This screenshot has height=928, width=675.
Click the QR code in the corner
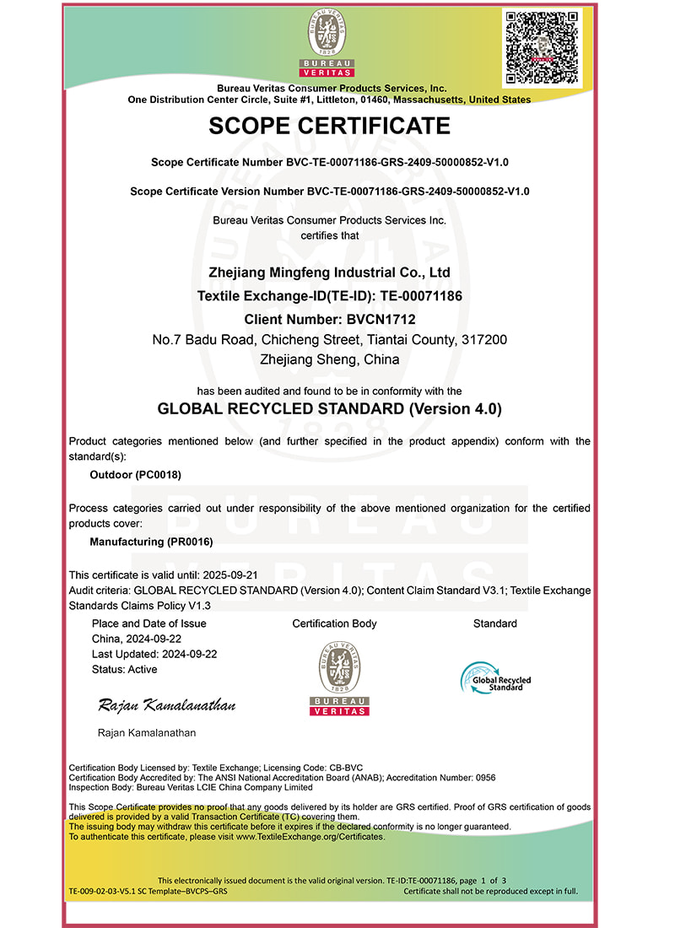[x=542, y=47]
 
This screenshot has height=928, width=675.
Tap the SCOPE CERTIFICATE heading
[x=329, y=127]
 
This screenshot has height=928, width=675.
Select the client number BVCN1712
[x=381, y=320]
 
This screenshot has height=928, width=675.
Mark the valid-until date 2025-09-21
[x=220, y=575]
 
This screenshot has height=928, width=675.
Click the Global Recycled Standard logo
[x=495, y=677]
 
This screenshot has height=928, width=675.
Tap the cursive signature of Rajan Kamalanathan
[x=167, y=704]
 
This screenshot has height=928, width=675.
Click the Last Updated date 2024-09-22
[x=188, y=654]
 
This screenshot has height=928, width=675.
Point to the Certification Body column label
[x=334, y=623]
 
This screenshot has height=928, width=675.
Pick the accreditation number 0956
[x=485, y=777]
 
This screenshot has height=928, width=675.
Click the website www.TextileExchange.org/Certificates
[x=310, y=837]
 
